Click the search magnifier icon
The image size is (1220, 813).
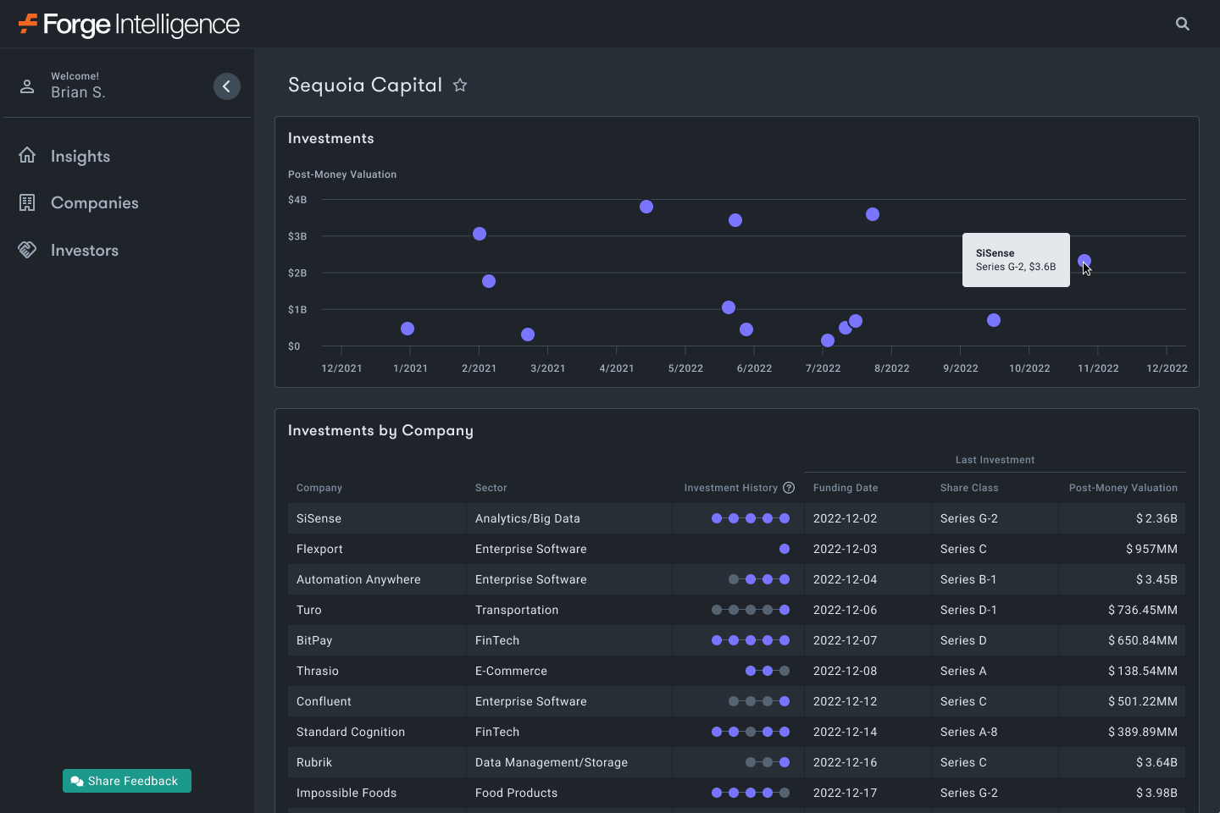(1183, 24)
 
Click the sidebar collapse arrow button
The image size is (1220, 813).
(226, 86)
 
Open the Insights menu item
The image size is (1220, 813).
(80, 156)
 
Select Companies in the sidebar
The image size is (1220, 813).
(94, 202)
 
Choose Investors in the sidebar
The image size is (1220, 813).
(84, 250)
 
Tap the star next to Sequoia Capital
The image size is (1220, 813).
(460, 85)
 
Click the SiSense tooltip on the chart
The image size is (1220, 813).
(1015, 260)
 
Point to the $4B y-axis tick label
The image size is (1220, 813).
(297, 200)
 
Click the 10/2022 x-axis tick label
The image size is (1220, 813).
(1029, 368)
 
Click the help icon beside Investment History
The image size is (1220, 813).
(789, 488)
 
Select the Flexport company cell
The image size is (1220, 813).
(319, 549)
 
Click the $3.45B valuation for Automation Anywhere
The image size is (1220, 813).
(1156, 579)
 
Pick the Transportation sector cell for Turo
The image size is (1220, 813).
(517, 610)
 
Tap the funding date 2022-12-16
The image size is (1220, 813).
(845, 762)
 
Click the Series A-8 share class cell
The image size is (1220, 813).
(968, 732)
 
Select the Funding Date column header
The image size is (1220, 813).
(845, 488)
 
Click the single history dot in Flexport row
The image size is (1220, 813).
(785, 549)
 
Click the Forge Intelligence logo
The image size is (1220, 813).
(129, 24)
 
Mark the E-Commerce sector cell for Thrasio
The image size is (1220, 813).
(511, 671)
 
